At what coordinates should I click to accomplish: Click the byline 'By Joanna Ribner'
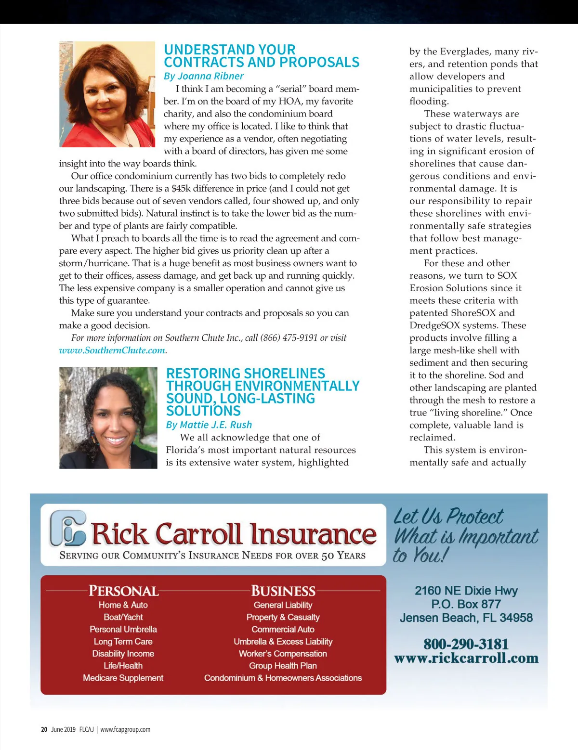pos(203,76)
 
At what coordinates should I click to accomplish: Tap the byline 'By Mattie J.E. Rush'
pos(209,425)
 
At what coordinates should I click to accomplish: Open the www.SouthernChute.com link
pos(112,350)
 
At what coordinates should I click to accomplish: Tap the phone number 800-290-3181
pos(466,644)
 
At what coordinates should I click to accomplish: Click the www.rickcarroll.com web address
pos(466,658)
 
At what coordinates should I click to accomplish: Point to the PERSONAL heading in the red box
pos(123,591)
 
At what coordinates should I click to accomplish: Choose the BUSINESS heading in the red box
pos(283,591)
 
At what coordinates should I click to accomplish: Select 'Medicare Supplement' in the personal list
pos(123,678)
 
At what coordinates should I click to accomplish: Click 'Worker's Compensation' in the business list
pos(283,654)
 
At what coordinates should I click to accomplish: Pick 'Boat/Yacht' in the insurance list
pos(123,617)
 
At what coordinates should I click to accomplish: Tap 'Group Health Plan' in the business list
pos(283,666)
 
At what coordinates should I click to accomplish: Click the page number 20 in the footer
pos(44,729)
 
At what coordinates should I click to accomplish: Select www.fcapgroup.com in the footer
pos(125,729)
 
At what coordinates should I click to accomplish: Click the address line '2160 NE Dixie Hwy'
pos(466,591)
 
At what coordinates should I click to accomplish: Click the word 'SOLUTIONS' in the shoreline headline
pos(203,411)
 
